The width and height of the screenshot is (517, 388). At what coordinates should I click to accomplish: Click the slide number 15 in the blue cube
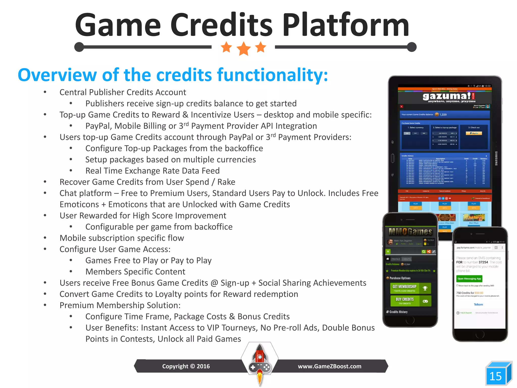[x=495, y=376]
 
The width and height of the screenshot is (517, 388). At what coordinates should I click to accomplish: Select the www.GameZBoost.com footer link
[x=329, y=366]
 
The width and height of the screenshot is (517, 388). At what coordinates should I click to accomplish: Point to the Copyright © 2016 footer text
[x=186, y=366]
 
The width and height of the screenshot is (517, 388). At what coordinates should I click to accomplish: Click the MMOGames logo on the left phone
[x=410, y=231]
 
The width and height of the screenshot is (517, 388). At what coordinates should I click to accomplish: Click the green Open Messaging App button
[x=469, y=279]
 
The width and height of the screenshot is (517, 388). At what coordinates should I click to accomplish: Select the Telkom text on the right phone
[x=478, y=304]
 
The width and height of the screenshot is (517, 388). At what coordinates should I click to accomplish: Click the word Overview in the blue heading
[x=57, y=75]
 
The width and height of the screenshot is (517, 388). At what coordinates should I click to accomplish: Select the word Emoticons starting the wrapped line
[x=79, y=204]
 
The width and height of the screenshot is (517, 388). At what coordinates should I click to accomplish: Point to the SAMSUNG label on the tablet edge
[x=496, y=158]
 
